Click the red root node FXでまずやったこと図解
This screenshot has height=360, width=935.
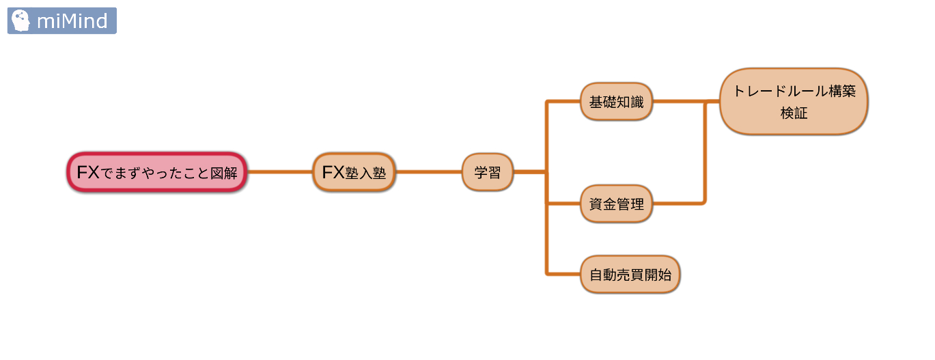point(157,172)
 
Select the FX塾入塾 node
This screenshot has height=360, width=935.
point(354,172)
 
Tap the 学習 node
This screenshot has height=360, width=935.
point(487,172)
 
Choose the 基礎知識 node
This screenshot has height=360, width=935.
point(616,102)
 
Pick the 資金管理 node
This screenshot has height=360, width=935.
point(616,204)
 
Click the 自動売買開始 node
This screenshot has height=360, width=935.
point(630,275)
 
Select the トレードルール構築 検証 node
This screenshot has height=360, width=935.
point(794,102)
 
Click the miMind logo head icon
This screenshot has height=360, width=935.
point(21,20)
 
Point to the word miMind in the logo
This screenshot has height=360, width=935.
point(72,21)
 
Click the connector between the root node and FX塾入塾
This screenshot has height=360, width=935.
point(279,172)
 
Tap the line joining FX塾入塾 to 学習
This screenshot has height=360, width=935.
point(429,172)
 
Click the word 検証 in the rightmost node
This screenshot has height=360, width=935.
point(794,113)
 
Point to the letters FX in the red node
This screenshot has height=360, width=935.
point(88,172)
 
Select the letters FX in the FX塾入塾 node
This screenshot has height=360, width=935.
point(333,172)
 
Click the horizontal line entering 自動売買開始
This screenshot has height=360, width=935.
point(563,274)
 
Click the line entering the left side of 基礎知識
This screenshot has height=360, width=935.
point(563,102)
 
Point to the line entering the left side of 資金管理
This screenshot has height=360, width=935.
point(563,203)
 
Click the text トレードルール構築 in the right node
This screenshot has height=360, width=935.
point(794,91)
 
